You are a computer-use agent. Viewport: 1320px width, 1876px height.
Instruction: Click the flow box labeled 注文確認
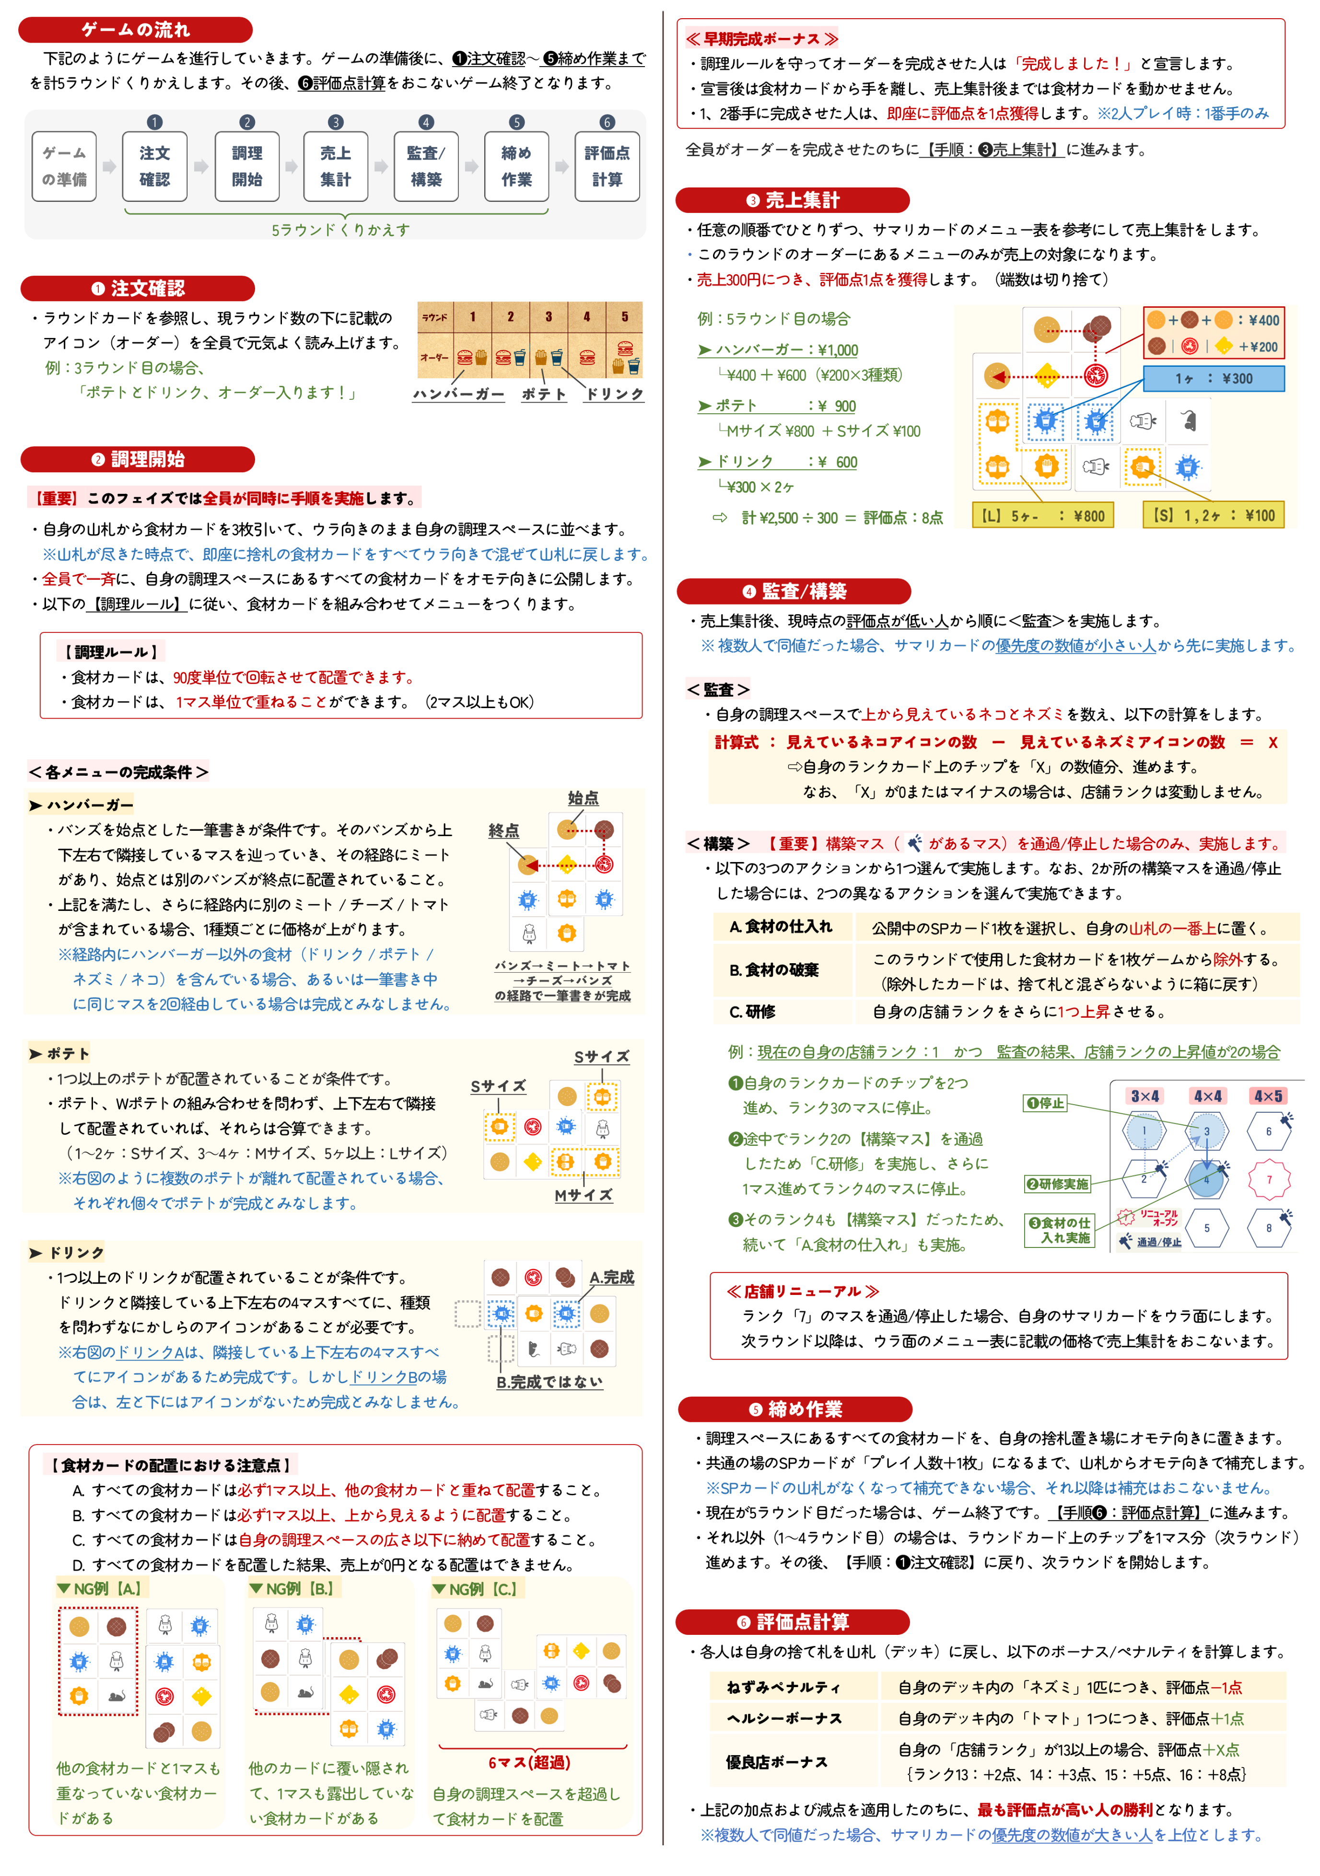click(x=154, y=167)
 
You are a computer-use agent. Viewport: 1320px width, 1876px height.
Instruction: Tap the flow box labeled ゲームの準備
click(x=65, y=167)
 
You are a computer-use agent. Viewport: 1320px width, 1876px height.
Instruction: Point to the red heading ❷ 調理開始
click(x=137, y=459)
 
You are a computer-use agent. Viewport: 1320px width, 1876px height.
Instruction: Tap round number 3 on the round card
click(x=549, y=317)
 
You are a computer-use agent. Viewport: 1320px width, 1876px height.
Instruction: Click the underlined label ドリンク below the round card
click(x=615, y=394)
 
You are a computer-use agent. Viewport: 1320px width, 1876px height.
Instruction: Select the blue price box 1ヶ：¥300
click(x=1213, y=378)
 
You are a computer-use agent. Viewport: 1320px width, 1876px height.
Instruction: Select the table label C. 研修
click(x=752, y=1012)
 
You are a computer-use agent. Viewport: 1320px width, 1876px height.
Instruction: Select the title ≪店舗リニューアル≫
click(x=802, y=1291)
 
